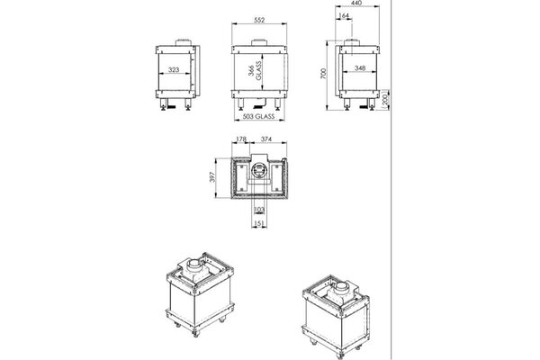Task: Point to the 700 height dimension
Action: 323,77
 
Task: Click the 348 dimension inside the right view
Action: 360,67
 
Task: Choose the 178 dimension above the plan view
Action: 239,139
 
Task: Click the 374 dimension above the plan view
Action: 266,139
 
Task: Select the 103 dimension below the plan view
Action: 259,210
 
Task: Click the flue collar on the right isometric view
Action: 344,290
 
